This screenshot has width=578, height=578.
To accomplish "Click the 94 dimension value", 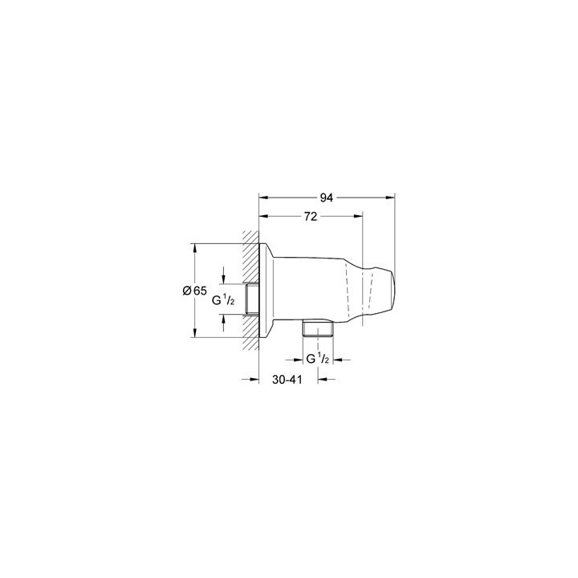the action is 326,198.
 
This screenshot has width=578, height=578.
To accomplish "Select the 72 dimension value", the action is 311,217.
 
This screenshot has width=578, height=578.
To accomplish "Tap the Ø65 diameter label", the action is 194,291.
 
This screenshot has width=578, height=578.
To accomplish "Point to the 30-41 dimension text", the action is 287,379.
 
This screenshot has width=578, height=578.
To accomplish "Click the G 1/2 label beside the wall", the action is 223,300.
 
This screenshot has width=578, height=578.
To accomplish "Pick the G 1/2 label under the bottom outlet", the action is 318,358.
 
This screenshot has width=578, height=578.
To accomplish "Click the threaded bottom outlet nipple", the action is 317,327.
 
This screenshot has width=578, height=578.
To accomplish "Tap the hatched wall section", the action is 250,291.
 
